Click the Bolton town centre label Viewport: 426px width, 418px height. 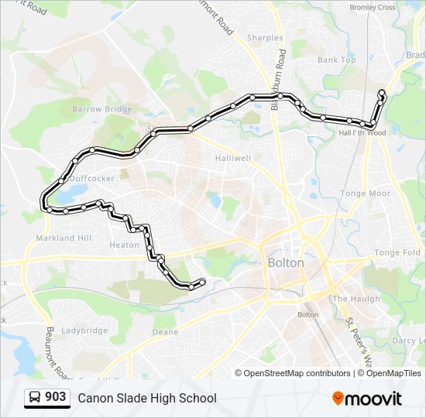286,262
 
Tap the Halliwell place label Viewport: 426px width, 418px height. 232,158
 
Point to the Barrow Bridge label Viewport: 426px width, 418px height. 98,109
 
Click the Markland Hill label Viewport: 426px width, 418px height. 64,238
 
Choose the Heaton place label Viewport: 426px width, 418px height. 124,245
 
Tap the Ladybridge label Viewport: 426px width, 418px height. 84,331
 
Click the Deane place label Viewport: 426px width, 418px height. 165,332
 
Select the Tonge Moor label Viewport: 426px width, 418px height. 366,194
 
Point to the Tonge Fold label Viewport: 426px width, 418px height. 397,252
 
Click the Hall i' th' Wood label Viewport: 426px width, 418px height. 362,132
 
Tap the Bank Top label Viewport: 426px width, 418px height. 337,60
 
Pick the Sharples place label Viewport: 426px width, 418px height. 266,37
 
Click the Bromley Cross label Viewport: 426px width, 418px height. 372,8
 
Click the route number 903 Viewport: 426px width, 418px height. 55,397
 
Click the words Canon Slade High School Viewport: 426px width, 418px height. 146,398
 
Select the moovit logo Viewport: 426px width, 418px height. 367,398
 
